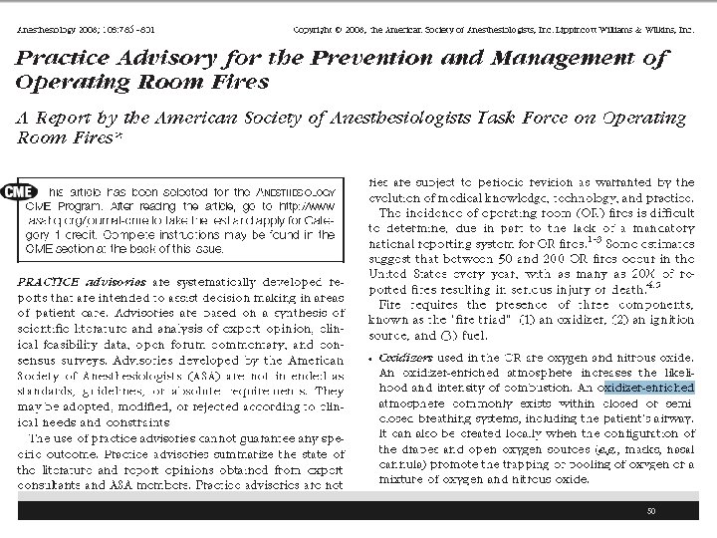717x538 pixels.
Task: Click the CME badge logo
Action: click(23, 191)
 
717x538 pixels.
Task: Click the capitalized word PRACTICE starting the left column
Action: click(49, 281)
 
